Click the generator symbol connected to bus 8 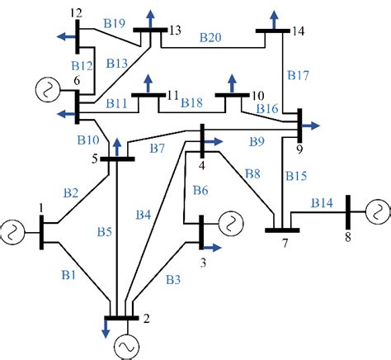pos(377,206)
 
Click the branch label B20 pos(210,38)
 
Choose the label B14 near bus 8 pos(323,201)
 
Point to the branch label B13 pos(119,63)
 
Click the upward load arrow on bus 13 pos(149,17)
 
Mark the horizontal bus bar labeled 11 pos(149,95)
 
